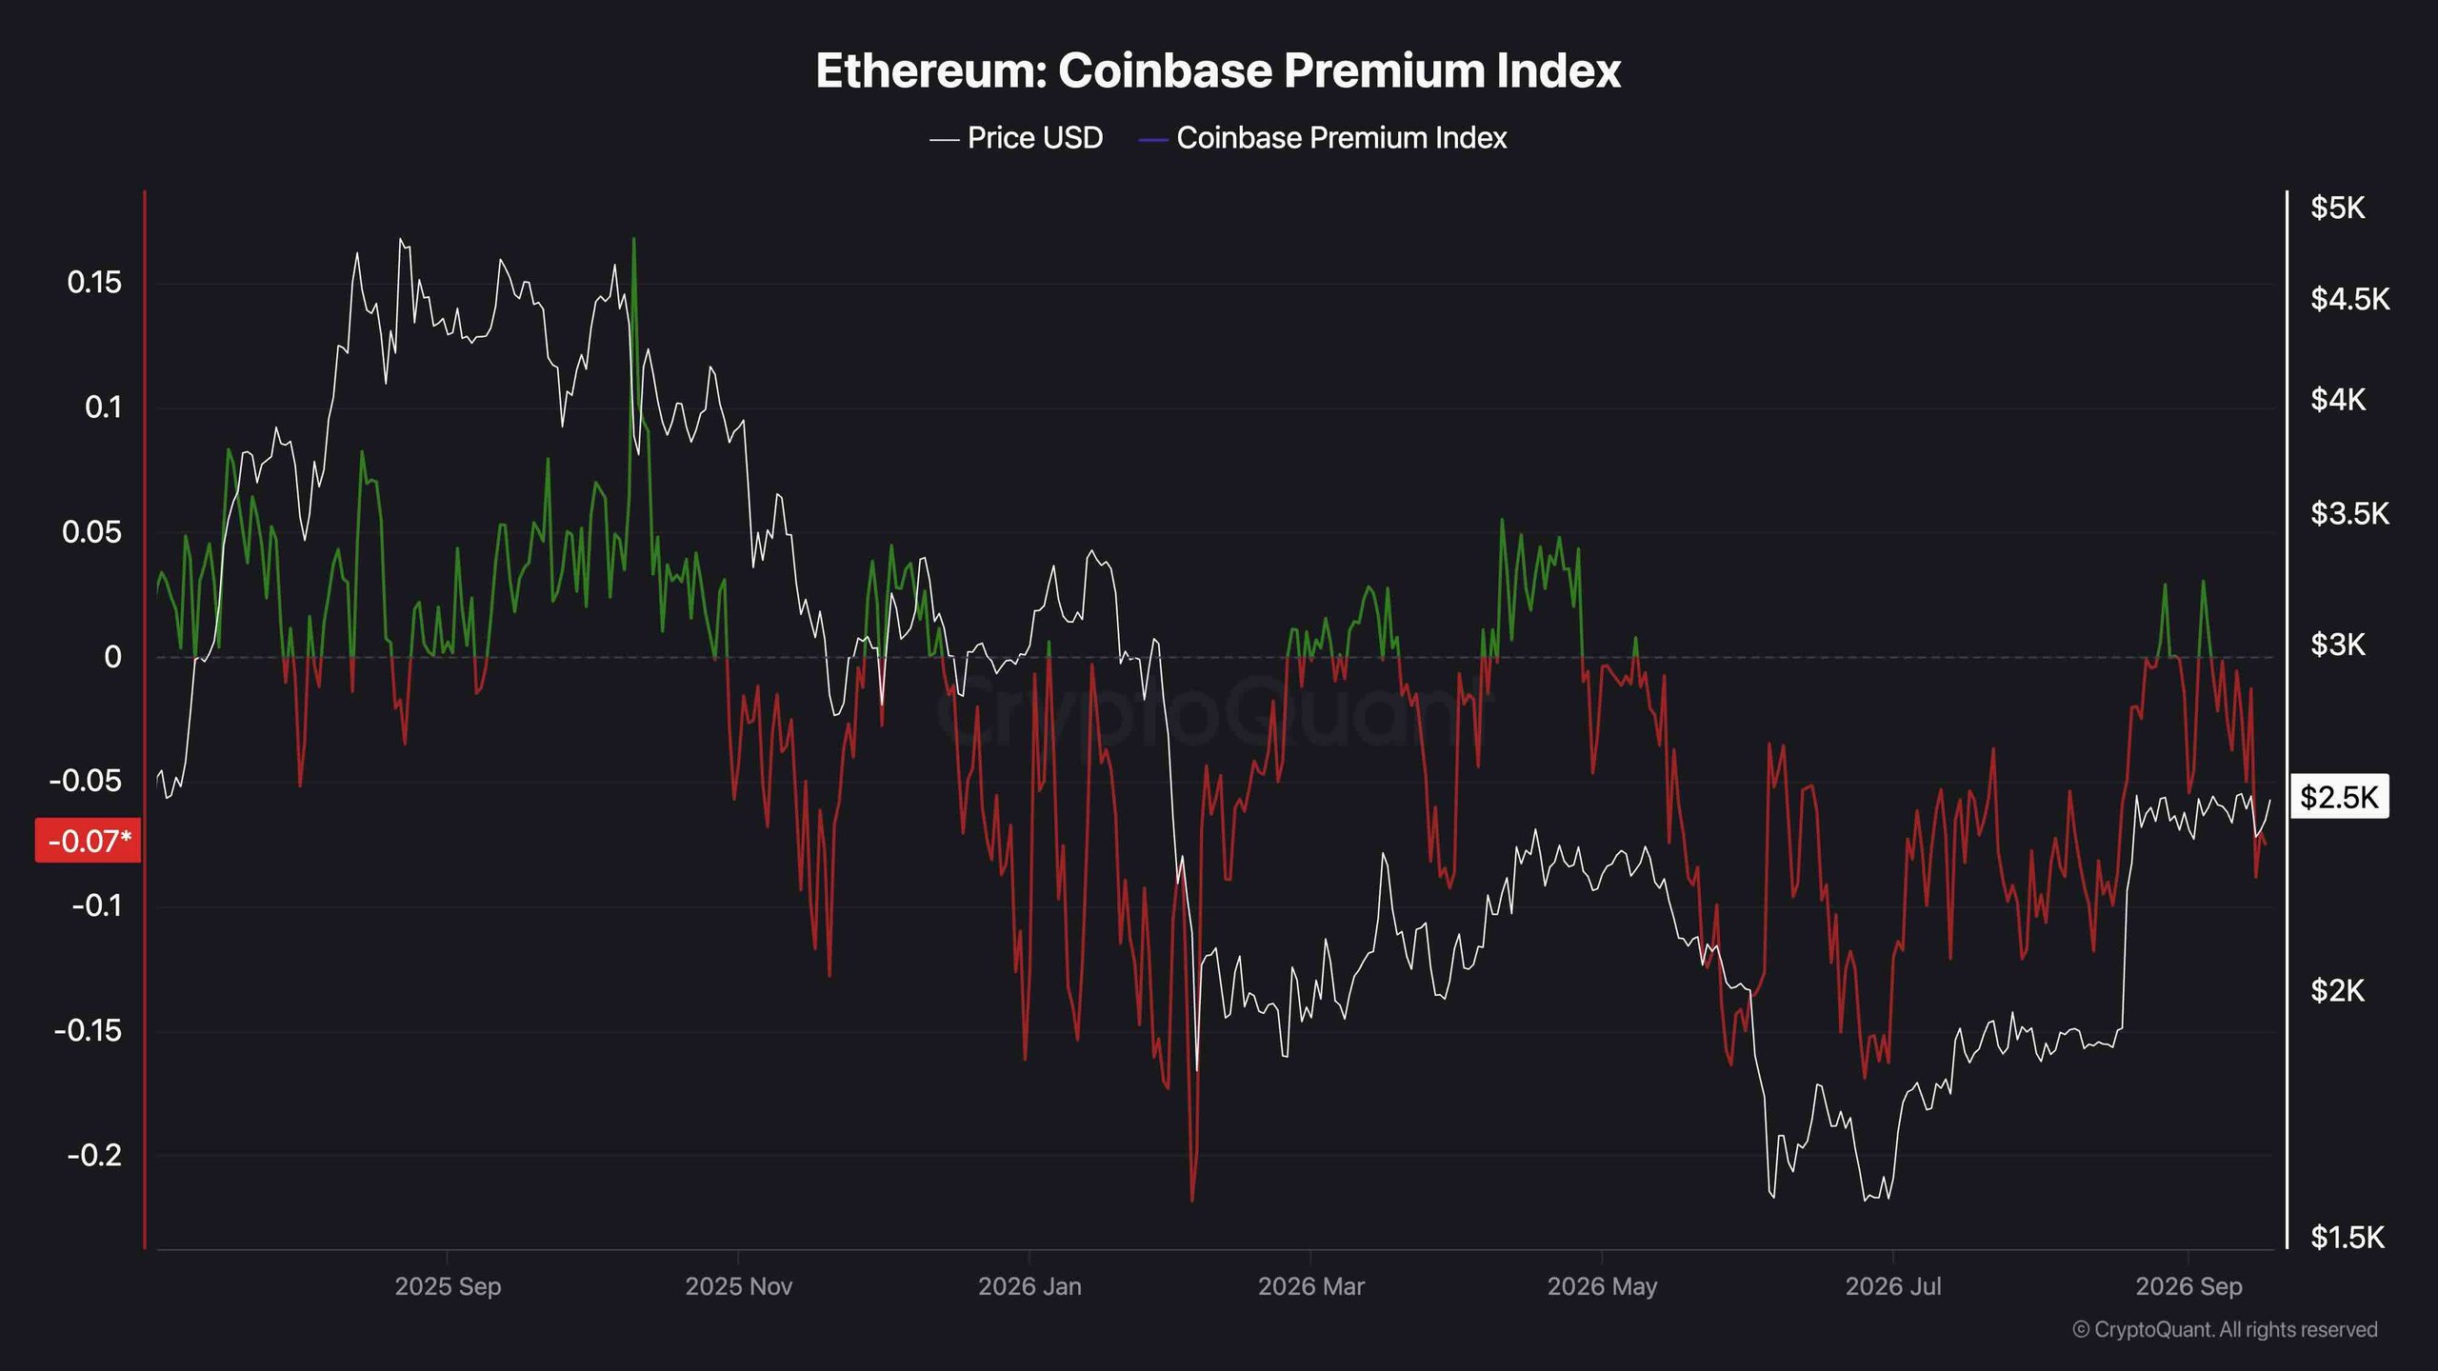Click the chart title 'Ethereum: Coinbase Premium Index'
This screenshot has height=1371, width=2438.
pyautogui.click(x=1218, y=70)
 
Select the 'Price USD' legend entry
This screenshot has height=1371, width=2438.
pyautogui.click(x=1016, y=138)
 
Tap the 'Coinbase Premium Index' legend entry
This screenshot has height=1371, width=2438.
pyautogui.click(x=1323, y=138)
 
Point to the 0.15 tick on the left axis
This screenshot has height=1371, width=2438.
pyautogui.click(x=94, y=283)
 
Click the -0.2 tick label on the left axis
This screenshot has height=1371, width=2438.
pyautogui.click(x=94, y=1155)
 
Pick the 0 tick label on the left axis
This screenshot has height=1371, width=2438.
pyautogui.click(x=113, y=657)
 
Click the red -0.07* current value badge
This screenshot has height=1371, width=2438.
pyautogui.click(x=89, y=841)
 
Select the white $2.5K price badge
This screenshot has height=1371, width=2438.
pyautogui.click(x=2339, y=797)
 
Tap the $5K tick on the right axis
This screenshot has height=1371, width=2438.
pyautogui.click(x=2338, y=208)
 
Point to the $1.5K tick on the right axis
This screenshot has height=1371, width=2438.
pyautogui.click(x=2348, y=1237)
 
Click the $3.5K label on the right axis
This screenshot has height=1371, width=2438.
pyautogui.click(x=2349, y=514)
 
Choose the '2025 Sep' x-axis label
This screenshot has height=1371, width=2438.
pyautogui.click(x=448, y=1286)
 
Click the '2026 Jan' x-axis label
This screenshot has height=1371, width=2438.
pyautogui.click(x=1029, y=1286)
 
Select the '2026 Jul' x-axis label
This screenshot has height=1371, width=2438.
pyautogui.click(x=1893, y=1286)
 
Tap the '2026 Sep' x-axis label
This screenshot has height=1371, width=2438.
pyautogui.click(x=2188, y=1286)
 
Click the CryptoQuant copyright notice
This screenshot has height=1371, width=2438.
pyautogui.click(x=2225, y=1329)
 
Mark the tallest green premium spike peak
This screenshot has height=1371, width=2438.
pyautogui.click(x=634, y=239)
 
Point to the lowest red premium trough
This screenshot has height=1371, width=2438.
pyautogui.click(x=1192, y=1201)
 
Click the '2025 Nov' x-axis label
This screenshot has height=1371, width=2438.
pyautogui.click(x=739, y=1286)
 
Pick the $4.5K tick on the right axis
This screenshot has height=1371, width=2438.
pyautogui.click(x=2349, y=299)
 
